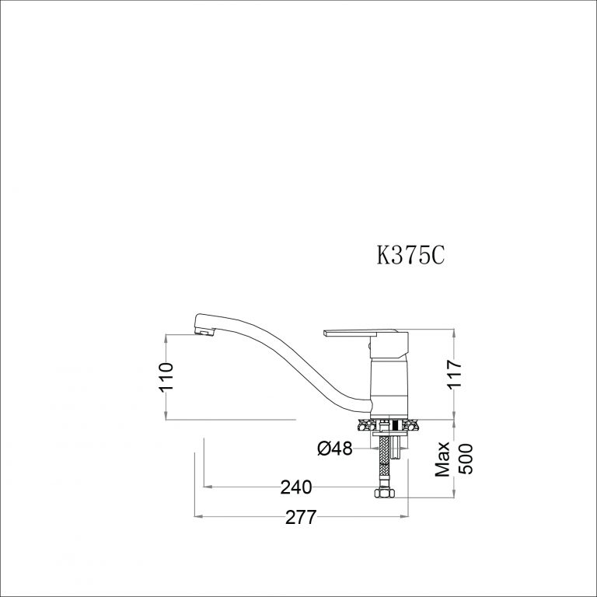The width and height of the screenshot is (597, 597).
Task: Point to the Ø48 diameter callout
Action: coord(335,449)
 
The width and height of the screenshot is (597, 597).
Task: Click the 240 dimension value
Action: coord(296,487)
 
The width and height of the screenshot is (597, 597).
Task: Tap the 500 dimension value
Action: coord(463,459)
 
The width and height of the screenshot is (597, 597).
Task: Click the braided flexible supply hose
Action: coord(385,459)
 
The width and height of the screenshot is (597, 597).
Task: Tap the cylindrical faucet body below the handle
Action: coord(388,385)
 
